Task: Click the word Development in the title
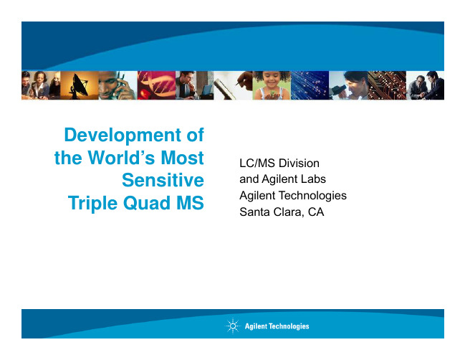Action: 123,136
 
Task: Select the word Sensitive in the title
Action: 163,180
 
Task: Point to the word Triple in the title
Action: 93,204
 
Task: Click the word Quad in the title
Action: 147,203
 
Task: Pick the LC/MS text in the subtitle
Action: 257,163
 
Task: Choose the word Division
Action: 299,163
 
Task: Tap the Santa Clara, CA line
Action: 282,212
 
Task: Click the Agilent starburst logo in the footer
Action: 233,326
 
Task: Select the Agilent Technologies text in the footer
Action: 277,326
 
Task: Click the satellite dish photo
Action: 80,85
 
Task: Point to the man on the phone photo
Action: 118,85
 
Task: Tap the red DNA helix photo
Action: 156,85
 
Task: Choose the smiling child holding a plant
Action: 272,85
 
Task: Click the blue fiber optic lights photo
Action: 310,85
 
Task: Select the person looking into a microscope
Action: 348,85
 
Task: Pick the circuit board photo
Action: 387,85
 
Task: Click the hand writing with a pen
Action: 233,85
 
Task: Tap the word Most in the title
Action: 183,157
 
